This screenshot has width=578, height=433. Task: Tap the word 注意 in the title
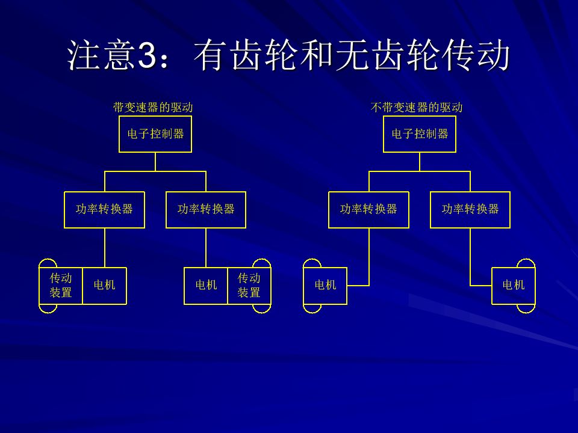[101, 55]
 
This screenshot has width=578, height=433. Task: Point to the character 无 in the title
[351, 55]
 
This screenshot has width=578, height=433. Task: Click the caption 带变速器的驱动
[152, 107]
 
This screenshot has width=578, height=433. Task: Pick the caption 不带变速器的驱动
[416, 107]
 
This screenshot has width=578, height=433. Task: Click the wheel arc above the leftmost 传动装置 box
[48, 259]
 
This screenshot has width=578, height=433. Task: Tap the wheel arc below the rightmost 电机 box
[526, 313]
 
